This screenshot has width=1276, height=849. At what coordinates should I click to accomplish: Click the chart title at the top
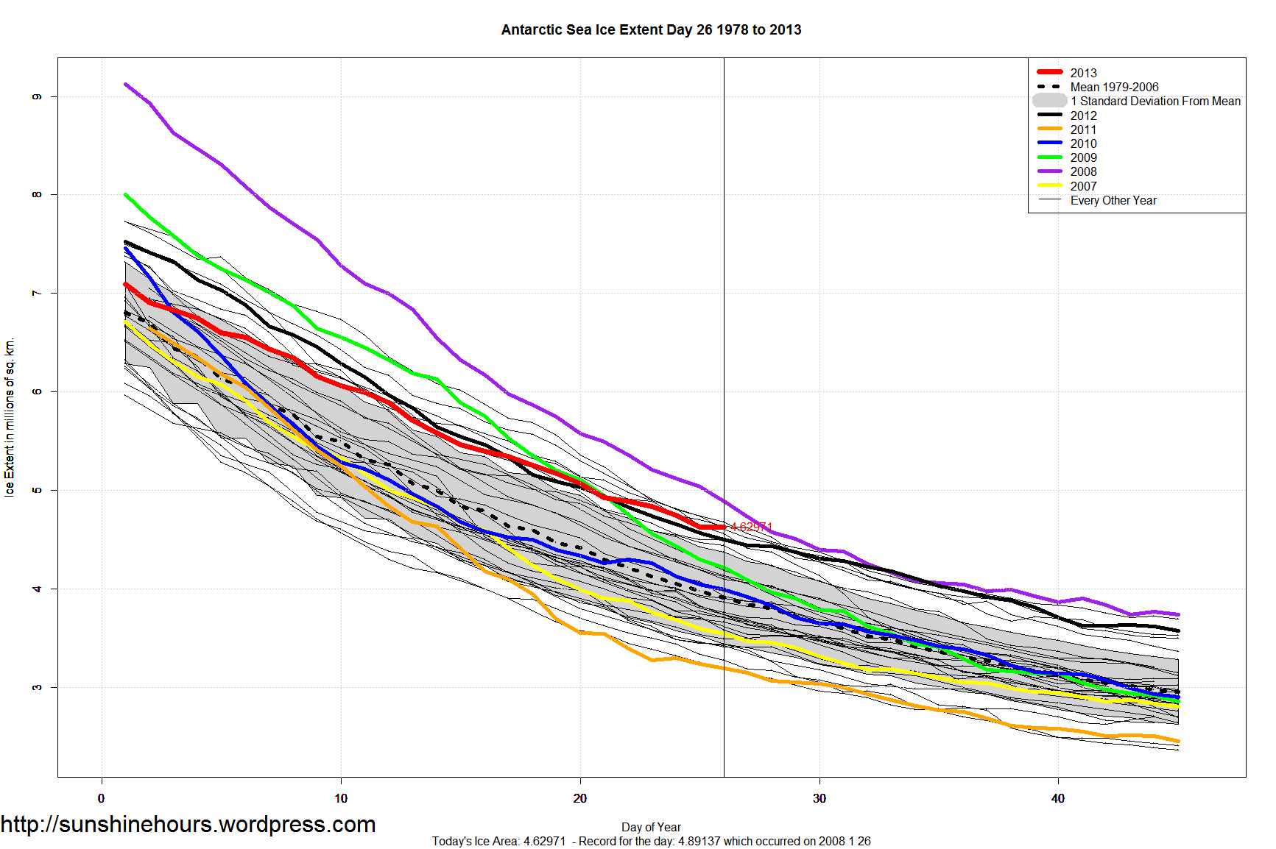[651, 30]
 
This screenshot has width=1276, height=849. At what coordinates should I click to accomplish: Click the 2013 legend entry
[1083, 73]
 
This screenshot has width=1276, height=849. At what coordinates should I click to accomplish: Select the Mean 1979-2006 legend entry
[1114, 87]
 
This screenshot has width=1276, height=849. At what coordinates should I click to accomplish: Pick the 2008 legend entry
[1083, 171]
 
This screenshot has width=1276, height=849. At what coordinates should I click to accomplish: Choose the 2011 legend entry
[1083, 129]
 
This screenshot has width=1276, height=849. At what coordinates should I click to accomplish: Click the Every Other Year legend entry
[1113, 200]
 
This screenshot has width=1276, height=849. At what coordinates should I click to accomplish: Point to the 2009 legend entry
[1083, 157]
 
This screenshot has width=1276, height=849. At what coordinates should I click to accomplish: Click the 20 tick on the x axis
[580, 798]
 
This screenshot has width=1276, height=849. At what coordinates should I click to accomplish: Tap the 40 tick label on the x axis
[1058, 798]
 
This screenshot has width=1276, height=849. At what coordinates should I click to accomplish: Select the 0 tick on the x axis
[102, 798]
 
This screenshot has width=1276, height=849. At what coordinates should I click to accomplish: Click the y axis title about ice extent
[10, 417]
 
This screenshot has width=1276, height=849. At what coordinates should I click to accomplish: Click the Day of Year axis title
[651, 827]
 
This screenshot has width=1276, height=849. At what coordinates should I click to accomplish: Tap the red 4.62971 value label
[751, 527]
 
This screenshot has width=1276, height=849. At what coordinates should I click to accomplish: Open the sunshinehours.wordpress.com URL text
[188, 825]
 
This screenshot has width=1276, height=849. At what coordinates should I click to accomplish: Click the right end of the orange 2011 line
[1178, 742]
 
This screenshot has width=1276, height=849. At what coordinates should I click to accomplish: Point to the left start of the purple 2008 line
[126, 85]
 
